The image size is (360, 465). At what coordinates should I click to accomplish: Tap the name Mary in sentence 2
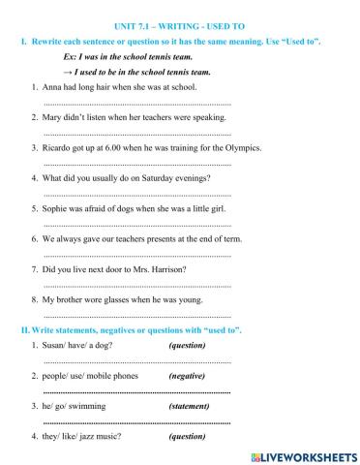54,117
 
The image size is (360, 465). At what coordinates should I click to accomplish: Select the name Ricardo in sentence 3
59,148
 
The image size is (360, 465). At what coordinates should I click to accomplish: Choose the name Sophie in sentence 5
57,208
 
